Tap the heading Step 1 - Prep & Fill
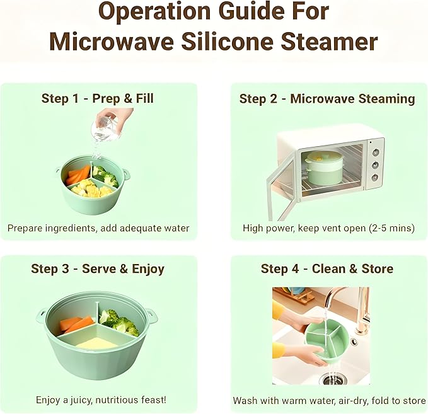pyautogui.click(x=98, y=98)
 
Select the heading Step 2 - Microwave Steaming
pyautogui.click(x=327, y=98)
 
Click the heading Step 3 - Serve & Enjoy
pyautogui.click(x=98, y=269)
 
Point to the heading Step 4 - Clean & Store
pyautogui.click(x=327, y=269)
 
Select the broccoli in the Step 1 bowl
pyautogui.click(x=105, y=175)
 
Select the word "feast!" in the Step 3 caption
pyautogui.click(x=152, y=400)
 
